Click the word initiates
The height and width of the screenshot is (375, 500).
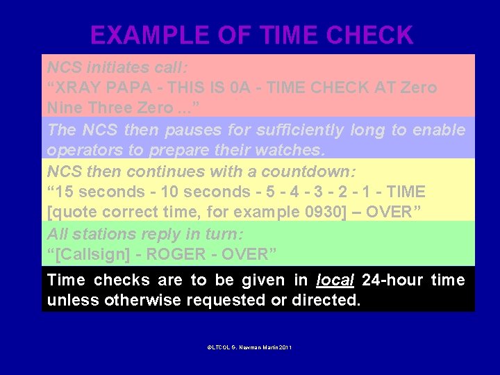[x=115, y=67]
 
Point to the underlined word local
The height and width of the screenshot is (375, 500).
[x=335, y=280]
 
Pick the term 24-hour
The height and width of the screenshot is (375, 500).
[x=393, y=280]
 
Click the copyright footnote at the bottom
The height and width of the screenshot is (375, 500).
[x=249, y=347]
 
